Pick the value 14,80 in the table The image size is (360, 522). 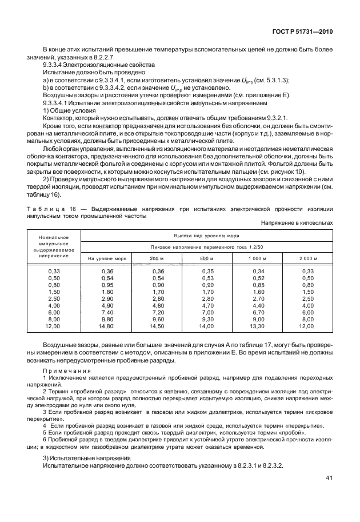coord(107,326)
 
